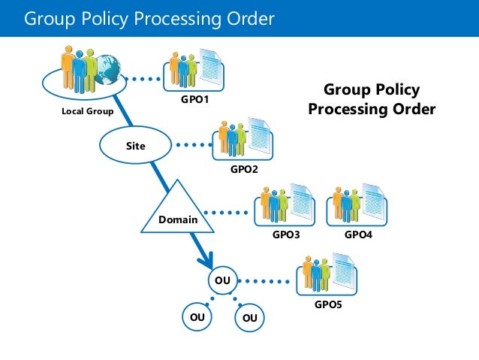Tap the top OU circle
click(x=222, y=280)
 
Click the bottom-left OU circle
click(x=197, y=317)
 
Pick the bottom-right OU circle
click(x=250, y=318)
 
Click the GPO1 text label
click(x=193, y=99)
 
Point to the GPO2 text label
click(x=244, y=169)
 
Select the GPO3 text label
click(x=285, y=235)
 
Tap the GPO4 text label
click(x=358, y=235)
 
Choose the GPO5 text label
click(x=328, y=305)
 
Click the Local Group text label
click(x=87, y=112)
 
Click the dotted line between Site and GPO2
click(x=193, y=144)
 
